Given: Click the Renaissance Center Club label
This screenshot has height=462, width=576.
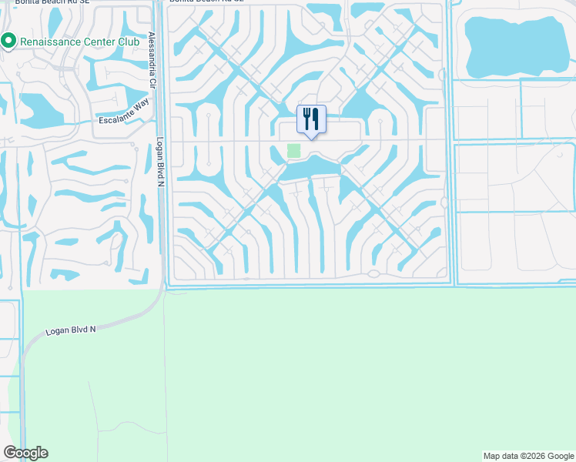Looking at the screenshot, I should [x=79, y=41].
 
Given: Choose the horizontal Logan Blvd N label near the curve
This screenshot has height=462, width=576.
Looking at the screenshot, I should [x=71, y=329].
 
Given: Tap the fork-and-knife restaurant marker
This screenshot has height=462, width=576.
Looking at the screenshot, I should [x=311, y=119].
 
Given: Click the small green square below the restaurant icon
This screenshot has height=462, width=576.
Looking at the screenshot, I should [x=293, y=151].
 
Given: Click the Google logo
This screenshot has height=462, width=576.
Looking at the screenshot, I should [x=25, y=453].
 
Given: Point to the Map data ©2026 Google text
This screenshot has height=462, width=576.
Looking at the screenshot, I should [x=528, y=456].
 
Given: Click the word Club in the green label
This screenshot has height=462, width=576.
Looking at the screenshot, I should [x=129, y=41].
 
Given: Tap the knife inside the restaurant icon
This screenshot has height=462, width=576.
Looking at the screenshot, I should [x=316, y=119].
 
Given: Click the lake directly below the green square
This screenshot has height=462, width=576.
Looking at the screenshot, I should [x=308, y=167].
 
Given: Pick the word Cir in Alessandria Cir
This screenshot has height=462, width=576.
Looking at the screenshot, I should [x=152, y=82].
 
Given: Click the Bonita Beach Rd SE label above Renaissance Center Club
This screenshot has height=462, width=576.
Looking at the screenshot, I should [x=46, y=2].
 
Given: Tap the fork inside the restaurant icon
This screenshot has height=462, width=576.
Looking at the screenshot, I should [x=306, y=119].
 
